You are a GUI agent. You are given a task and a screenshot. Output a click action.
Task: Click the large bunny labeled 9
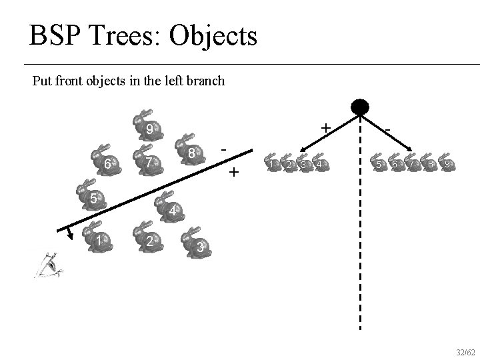(148, 125)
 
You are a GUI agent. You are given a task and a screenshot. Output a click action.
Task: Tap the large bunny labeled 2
(149, 236)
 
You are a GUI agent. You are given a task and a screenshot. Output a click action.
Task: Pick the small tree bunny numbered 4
(321, 163)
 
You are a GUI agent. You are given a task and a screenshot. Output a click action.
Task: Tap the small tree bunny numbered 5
(378, 163)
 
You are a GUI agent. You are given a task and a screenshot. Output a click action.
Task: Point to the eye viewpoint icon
(49, 265)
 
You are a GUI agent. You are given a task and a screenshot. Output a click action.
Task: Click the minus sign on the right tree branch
(387, 127)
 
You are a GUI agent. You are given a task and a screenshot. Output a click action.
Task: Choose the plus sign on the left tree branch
(325, 127)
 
